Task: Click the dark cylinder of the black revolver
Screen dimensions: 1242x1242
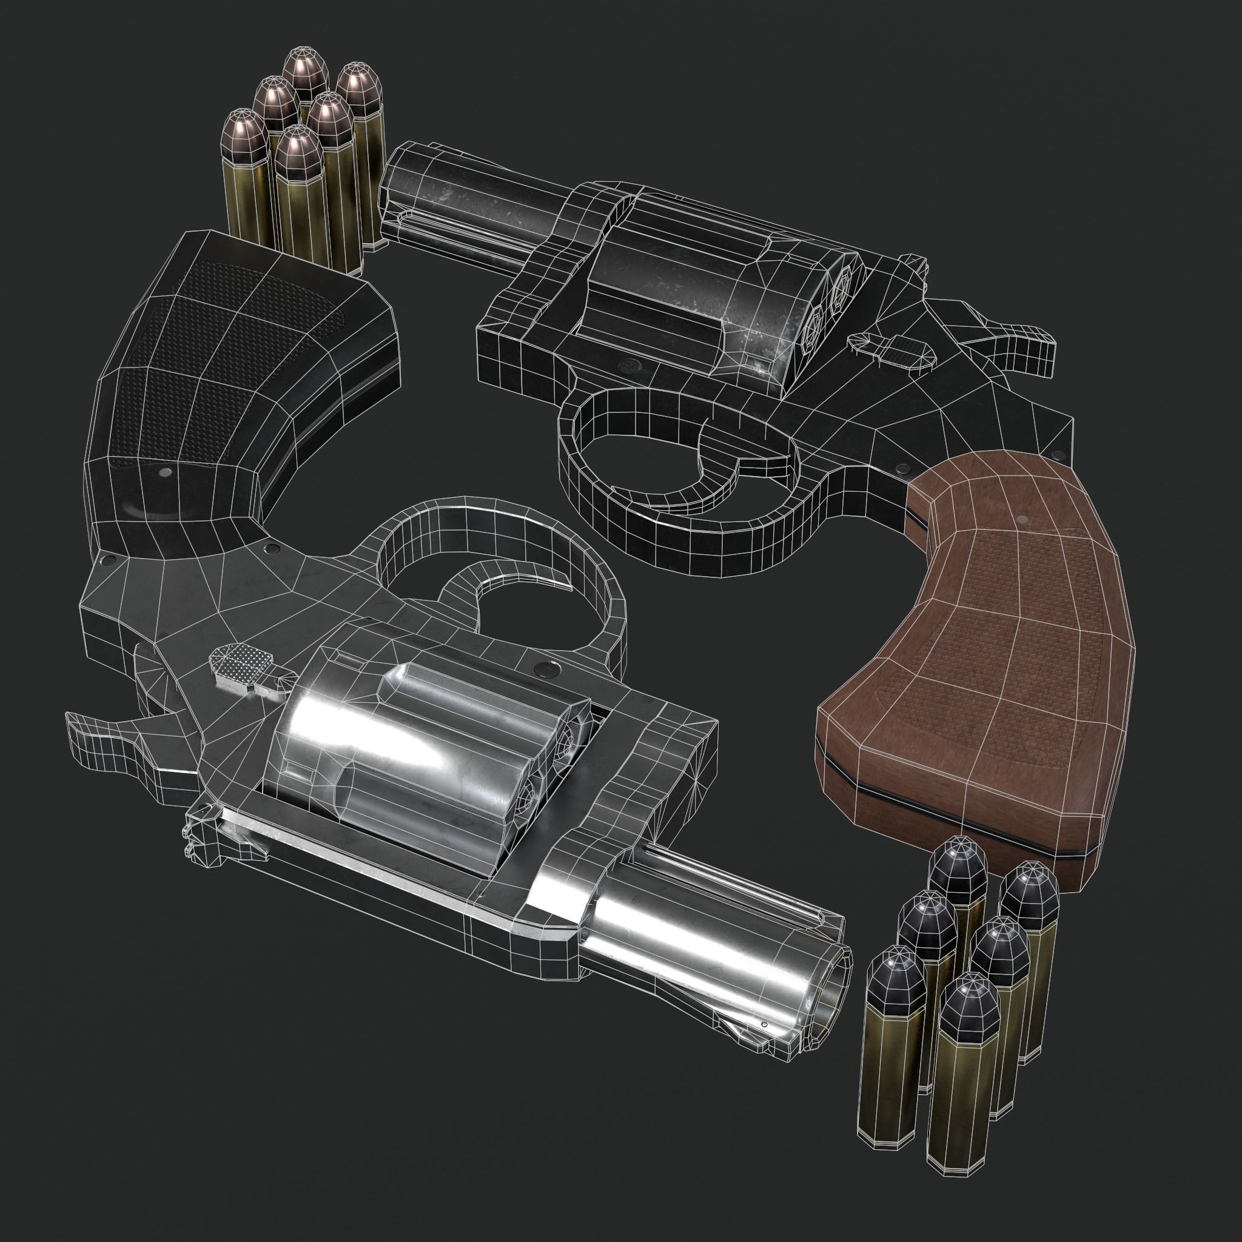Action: (700, 289)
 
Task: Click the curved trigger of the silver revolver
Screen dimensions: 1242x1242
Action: (514, 572)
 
